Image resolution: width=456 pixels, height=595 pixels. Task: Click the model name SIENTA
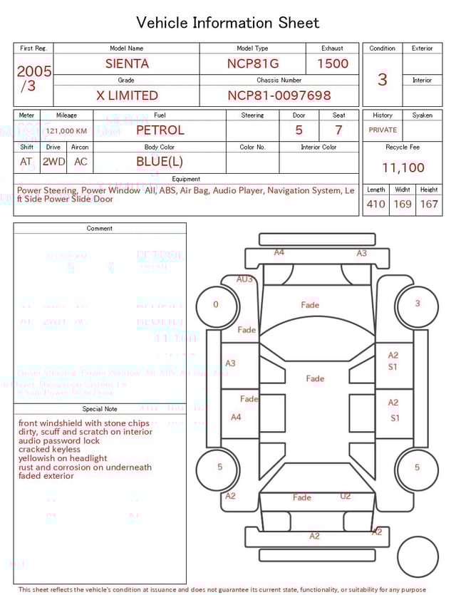coord(127,63)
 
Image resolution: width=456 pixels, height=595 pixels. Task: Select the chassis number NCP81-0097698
coord(279,95)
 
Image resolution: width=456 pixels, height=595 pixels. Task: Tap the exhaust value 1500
coord(333,63)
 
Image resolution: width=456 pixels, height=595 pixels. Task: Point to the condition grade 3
coord(383,79)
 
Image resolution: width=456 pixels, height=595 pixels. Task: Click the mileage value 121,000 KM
coord(66,131)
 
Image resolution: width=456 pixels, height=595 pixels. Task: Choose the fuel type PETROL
coord(160,130)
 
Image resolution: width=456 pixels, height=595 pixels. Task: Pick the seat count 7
coord(338,130)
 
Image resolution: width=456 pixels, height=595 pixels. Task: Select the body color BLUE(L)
coord(160,162)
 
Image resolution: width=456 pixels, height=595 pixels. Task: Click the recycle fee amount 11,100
coord(403,167)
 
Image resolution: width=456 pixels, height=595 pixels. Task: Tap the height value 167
coord(429,204)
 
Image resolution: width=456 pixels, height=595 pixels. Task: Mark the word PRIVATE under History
coord(383,130)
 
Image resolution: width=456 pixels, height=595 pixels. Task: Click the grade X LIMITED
coord(127,95)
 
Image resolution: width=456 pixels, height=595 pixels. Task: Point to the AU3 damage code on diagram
coord(244,279)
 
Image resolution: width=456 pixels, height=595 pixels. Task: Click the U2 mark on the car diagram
coord(346,496)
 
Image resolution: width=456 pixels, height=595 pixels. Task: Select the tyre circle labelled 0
coord(216,304)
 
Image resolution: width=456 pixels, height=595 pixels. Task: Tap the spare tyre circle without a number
coord(418,557)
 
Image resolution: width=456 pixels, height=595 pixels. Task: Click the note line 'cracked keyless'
coord(49,450)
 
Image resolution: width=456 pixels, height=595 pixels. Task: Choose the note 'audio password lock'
coord(59,441)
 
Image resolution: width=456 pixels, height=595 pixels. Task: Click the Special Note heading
coord(100,409)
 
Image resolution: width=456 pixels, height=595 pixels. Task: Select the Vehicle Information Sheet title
coord(228,23)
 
